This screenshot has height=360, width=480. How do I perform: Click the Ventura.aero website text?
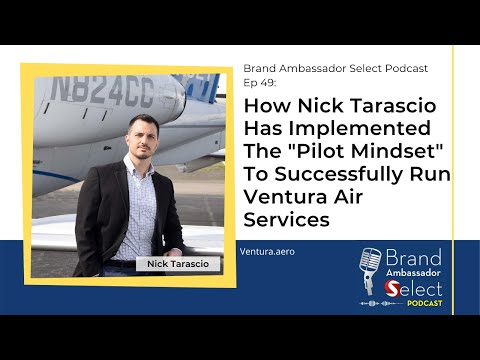pos(267,252)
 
